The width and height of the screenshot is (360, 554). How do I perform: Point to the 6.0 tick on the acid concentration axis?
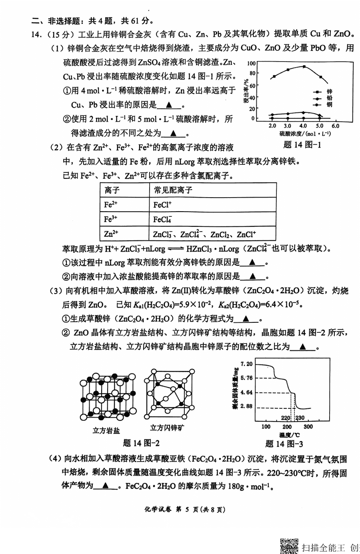(335, 126)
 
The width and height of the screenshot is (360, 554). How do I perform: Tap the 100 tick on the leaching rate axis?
(251, 63)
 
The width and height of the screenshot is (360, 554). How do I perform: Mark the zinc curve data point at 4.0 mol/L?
(304, 66)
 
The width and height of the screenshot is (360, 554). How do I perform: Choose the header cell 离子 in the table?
(112, 190)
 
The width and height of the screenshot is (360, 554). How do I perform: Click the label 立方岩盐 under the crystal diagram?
(106, 430)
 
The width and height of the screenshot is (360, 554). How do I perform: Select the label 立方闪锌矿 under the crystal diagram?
(167, 428)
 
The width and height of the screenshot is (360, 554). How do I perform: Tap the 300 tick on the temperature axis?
(308, 426)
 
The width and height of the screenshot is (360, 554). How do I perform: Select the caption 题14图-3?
(284, 443)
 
